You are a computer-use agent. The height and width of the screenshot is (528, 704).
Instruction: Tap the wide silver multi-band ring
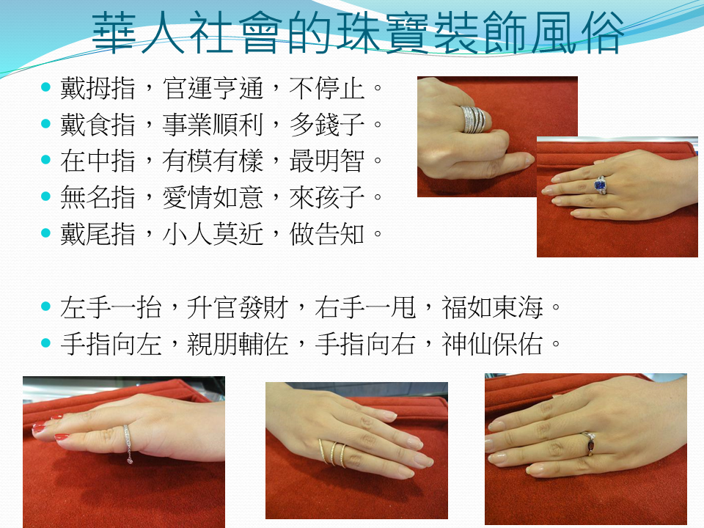coord(474,120)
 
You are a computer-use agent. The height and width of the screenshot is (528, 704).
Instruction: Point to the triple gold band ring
coord(333,453)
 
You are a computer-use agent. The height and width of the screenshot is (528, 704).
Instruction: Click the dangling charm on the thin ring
coord(130,461)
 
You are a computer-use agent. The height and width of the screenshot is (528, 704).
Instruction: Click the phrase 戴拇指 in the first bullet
coord(98,87)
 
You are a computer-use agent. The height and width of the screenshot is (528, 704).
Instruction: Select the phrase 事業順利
coord(212,125)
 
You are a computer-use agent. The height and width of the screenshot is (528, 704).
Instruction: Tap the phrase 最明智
coord(326,161)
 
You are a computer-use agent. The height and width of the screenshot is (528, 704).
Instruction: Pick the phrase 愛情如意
coord(212,197)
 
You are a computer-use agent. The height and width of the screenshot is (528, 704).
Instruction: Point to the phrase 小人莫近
coord(212,234)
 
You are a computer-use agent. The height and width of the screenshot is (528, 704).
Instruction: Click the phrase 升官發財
coord(237,308)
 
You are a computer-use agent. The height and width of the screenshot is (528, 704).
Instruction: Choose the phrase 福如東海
coord(492,308)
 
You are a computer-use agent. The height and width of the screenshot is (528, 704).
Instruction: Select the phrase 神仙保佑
coord(492,345)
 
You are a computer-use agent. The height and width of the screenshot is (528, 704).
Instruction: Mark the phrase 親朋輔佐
coord(237,345)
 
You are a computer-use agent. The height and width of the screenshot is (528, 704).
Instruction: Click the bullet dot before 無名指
coord(45,196)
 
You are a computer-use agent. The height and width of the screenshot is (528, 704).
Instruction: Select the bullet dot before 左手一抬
coord(45,307)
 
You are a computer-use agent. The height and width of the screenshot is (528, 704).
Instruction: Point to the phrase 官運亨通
coord(212,87)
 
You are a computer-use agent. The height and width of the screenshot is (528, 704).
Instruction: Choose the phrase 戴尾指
coord(98,234)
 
